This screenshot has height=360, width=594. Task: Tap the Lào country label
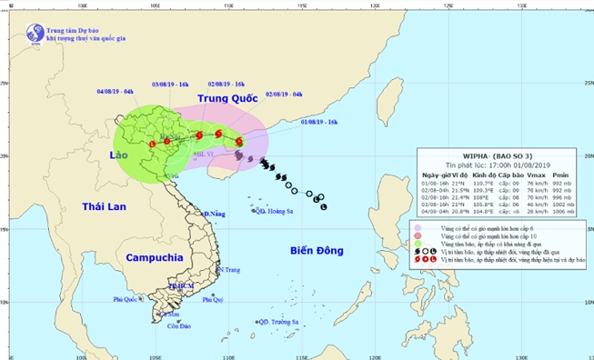click(125, 156)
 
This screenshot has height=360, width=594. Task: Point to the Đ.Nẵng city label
click(215, 214)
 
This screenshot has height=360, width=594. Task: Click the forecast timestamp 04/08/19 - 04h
click(116, 92)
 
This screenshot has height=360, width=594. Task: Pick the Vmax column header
click(537, 174)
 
